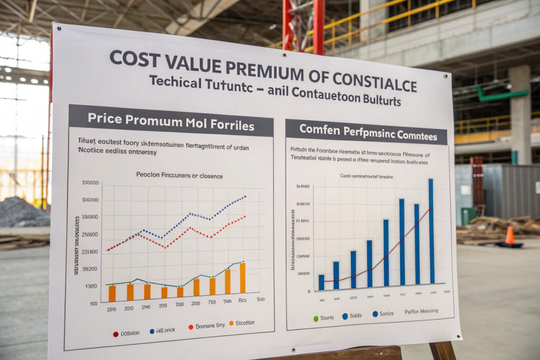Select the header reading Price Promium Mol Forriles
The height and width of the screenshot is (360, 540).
coord(171,120)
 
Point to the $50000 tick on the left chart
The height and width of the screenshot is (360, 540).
coord(90,183)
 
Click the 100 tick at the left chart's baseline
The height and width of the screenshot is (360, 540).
coord(94,304)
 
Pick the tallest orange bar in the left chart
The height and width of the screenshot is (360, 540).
coord(243,278)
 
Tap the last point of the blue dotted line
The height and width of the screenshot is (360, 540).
coord(246,197)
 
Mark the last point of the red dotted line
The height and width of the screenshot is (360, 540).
coord(245,216)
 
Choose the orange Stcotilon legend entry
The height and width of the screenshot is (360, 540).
coord(240,323)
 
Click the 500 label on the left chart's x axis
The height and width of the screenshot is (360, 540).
coord(261,299)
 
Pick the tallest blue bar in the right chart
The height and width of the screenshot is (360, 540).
coord(431,231)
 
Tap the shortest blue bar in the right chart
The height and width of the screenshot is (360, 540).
coord(321,283)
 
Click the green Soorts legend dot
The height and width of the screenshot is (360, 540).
coord(316,318)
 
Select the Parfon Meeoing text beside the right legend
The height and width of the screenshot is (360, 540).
coord(421,311)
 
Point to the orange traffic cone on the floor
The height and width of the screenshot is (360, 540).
coord(509,236)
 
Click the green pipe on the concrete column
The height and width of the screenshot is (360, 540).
coord(502,95)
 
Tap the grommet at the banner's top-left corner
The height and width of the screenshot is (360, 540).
coord(58,28)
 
